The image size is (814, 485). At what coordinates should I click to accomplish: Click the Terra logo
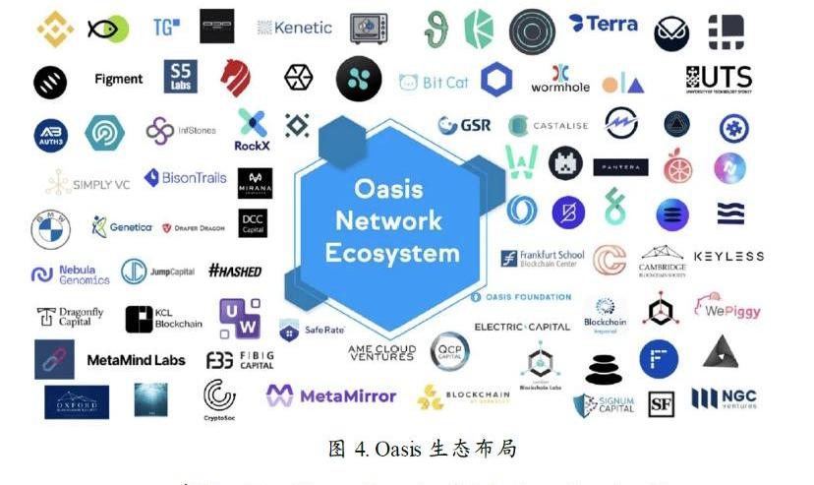point(603,24)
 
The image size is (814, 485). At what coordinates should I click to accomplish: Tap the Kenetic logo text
point(295,28)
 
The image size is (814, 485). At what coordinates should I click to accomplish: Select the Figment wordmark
point(118,79)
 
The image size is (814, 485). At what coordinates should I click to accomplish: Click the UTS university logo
point(719,80)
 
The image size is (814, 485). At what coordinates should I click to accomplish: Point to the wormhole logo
point(560,80)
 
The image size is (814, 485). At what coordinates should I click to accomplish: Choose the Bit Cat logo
point(434,83)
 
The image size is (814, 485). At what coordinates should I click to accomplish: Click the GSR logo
point(464,126)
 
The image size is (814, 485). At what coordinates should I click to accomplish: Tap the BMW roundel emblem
point(50,229)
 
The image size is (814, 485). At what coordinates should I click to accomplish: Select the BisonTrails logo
point(185,178)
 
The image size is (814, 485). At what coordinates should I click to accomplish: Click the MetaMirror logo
point(331,395)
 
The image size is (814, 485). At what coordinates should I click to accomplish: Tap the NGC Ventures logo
point(725,398)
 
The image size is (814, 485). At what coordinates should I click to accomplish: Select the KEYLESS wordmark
point(728,257)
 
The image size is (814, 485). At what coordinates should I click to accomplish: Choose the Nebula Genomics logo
point(70,273)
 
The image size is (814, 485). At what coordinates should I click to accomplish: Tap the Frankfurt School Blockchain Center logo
point(544,259)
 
